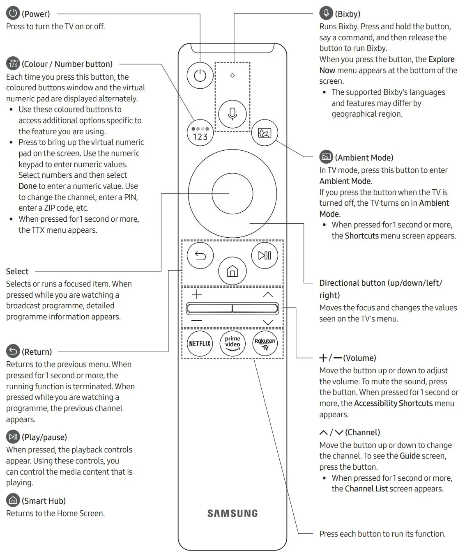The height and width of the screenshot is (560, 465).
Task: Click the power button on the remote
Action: click(x=200, y=76)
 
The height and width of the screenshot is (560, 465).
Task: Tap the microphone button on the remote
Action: click(x=232, y=114)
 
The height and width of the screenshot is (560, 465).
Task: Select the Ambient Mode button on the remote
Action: click(x=265, y=133)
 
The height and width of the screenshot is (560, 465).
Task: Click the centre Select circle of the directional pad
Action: click(x=232, y=193)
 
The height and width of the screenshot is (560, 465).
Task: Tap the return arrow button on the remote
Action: click(x=200, y=256)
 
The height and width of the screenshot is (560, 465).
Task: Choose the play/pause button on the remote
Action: click(x=265, y=255)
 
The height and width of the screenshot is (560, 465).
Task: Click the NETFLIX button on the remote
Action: click(x=200, y=343)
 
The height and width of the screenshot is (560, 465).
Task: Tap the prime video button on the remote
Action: click(x=232, y=343)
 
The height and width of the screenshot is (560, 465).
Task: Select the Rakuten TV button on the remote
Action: click(x=265, y=343)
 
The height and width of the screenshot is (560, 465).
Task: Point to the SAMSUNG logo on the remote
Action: click(x=232, y=513)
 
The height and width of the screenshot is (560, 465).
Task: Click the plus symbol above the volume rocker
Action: click(x=197, y=294)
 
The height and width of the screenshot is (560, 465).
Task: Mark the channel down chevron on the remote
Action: click(x=268, y=322)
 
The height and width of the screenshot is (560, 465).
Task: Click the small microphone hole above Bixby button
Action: click(x=232, y=76)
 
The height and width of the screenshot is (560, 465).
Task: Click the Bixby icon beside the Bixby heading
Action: click(x=326, y=13)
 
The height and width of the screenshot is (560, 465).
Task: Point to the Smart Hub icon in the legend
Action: click(x=13, y=500)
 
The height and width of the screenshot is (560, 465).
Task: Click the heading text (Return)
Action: click(x=37, y=352)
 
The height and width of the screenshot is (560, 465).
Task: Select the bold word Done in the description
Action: click(x=28, y=186)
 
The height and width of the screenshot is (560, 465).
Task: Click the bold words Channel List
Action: click(x=366, y=489)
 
